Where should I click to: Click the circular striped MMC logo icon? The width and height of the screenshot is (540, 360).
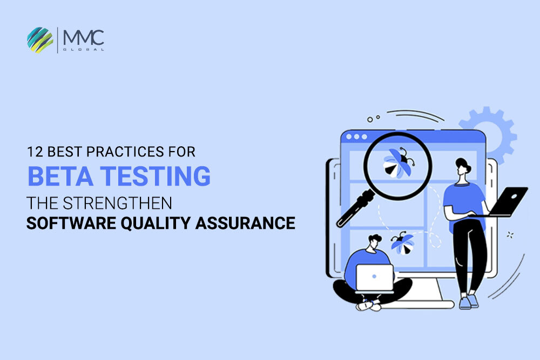pyautogui.click(x=40, y=40)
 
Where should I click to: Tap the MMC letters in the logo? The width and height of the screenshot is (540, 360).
pyautogui.click(x=84, y=38)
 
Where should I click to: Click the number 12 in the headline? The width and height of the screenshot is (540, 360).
pyautogui.click(x=35, y=152)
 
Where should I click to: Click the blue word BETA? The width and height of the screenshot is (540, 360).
pyautogui.click(x=60, y=176)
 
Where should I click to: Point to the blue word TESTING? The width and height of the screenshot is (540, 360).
pyautogui.click(x=156, y=176)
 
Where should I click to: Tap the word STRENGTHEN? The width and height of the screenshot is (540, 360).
pyautogui.click(x=117, y=203)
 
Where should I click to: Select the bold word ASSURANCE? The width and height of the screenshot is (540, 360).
pyautogui.click(x=245, y=223)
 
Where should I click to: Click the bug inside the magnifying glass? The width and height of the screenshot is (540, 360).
pyautogui.click(x=399, y=163)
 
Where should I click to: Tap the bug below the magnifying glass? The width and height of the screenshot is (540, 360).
pyautogui.click(x=402, y=243)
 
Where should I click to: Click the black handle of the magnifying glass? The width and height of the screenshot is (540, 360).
pyautogui.click(x=355, y=208)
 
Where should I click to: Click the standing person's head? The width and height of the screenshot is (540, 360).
pyautogui.click(x=463, y=168)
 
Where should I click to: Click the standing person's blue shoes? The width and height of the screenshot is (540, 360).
pyautogui.click(x=469, y=302)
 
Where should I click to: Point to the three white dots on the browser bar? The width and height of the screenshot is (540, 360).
pyautogui.click(x=356, y=137)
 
